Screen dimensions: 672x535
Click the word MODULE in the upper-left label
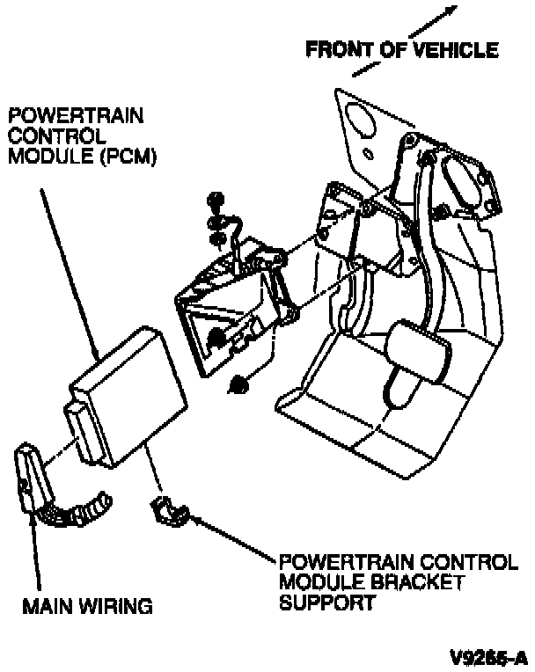tap(40, 155)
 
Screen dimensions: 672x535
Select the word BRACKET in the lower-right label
tap(379, 583)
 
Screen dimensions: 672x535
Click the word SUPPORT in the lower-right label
tap(319, 603)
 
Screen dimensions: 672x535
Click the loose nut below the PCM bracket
tap(237, 383)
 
